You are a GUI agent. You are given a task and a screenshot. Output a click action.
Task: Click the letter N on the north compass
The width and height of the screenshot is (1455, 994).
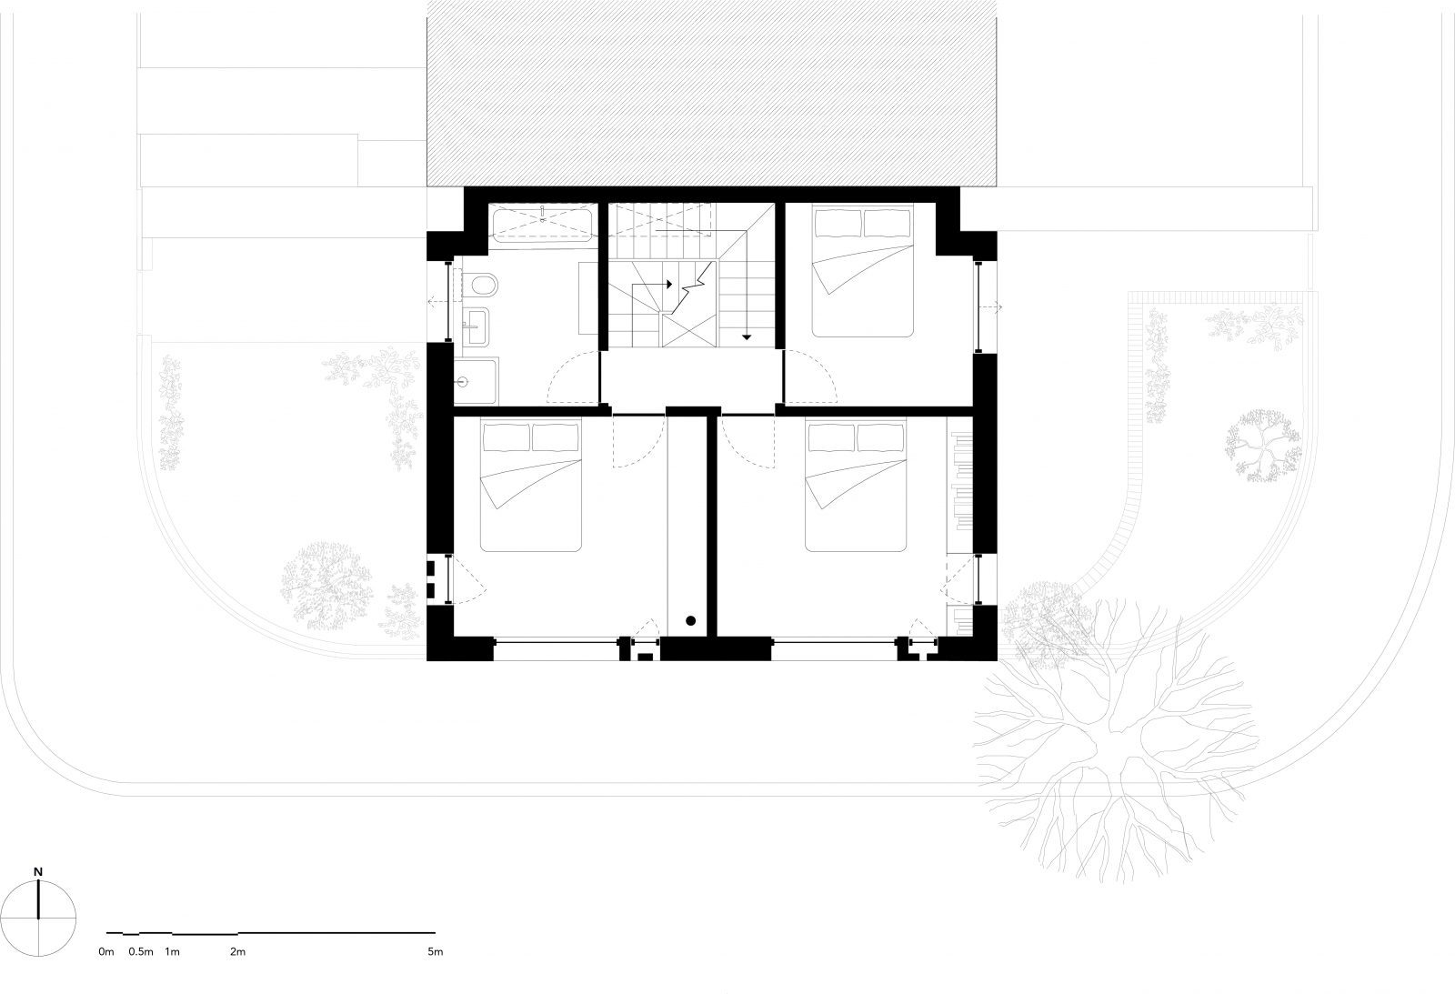[37, 871]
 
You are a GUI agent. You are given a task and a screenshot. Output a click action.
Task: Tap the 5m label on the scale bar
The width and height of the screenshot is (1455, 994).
[435, 952]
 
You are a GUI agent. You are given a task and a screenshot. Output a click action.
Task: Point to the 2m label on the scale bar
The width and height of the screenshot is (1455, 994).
[237, 952]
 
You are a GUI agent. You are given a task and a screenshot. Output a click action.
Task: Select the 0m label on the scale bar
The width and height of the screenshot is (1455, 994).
[106, 952]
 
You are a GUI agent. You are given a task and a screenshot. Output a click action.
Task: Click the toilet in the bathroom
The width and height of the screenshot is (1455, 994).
[484, 286]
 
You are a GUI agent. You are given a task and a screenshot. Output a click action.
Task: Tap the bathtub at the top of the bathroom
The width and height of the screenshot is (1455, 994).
[543, 224]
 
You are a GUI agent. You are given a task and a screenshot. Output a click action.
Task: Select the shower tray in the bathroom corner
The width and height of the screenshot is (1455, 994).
[477, 380]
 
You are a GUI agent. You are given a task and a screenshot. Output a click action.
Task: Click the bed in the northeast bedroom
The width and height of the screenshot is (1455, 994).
[862, 273]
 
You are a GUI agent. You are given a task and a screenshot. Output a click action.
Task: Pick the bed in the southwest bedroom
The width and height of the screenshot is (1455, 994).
[530, 486]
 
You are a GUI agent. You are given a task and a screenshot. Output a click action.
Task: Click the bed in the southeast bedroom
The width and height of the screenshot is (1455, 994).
[857, 486]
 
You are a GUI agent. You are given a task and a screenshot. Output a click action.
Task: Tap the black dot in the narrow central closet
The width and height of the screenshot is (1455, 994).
[691, 621]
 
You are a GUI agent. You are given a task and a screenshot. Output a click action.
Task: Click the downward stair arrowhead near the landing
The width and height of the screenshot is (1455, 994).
[747, 337]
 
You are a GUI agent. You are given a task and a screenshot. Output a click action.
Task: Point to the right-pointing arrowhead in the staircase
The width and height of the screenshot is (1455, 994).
[669, 285]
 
